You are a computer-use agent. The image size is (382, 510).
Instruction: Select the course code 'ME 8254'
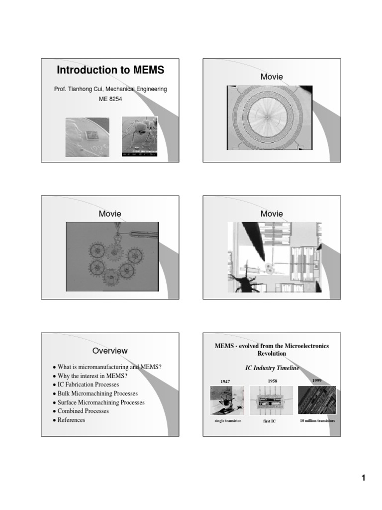click(110, 99)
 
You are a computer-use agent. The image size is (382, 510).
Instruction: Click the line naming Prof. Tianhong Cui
click(110, 89)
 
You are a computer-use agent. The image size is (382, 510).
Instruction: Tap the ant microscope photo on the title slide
click(140, 136)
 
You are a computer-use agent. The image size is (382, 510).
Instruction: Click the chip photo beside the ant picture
click(87, 136)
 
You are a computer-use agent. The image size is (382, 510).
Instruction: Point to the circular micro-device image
click(267, 118)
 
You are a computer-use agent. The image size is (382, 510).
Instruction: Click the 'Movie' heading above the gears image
click(110, 214)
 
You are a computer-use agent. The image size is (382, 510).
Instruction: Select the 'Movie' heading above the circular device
click(272, 77)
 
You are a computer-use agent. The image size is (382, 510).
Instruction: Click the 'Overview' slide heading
click(110, 351)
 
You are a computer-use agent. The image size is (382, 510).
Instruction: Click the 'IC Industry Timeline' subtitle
click(272, 368)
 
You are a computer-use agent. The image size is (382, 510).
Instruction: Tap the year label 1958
click(272, 381)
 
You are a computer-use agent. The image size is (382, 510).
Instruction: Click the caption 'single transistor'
click(228, 421)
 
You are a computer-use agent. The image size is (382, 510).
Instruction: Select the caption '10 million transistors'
click(317, 421)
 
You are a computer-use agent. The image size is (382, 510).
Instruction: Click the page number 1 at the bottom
click(363, 479)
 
